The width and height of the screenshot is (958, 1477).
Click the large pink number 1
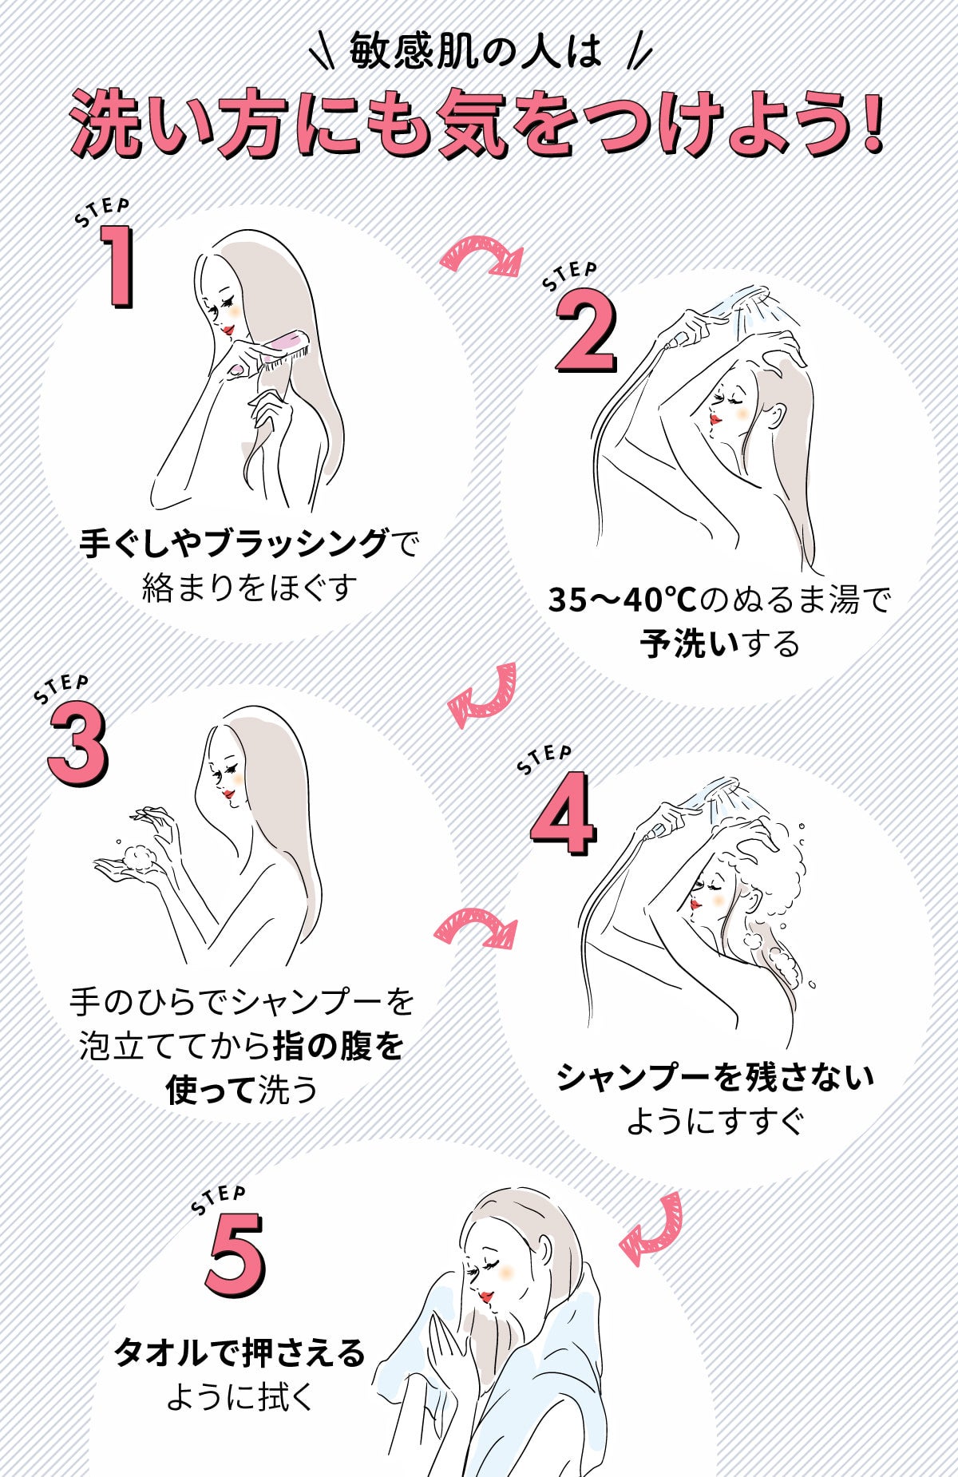coord(119,267)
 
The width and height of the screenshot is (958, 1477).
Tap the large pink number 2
coord(586,332)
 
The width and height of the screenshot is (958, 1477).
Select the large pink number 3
coord(77,746)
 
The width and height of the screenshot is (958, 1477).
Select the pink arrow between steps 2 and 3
coord(484,695)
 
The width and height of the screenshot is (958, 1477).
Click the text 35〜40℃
coord(622,600)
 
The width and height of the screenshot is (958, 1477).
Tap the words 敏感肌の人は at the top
coord(476,53)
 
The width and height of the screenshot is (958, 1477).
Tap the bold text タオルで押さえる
coord(239,1352)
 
